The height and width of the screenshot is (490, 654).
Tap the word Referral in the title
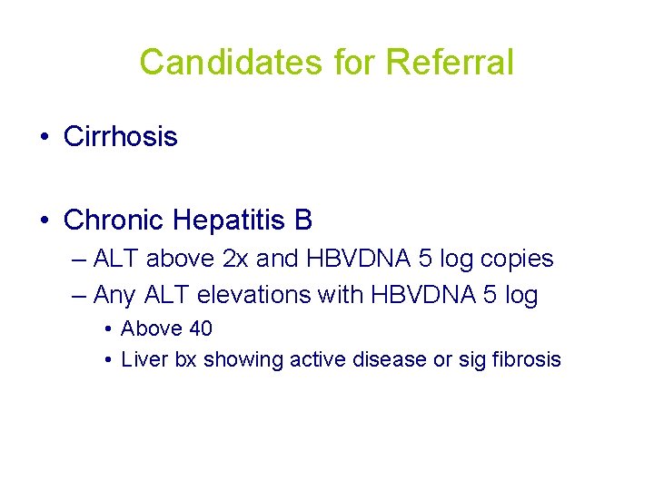coord(450,63)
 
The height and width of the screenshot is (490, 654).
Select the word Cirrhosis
coord(121,137)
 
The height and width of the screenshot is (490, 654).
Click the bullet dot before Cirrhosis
coord(44,138)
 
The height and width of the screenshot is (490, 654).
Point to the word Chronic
coord(114,220)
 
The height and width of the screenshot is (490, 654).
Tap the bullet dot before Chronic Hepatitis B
coord(44,220)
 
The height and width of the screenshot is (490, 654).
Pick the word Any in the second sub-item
coord(113,295)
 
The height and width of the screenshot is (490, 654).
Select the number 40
coord(200,328)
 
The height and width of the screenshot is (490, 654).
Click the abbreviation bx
coord(185,359)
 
